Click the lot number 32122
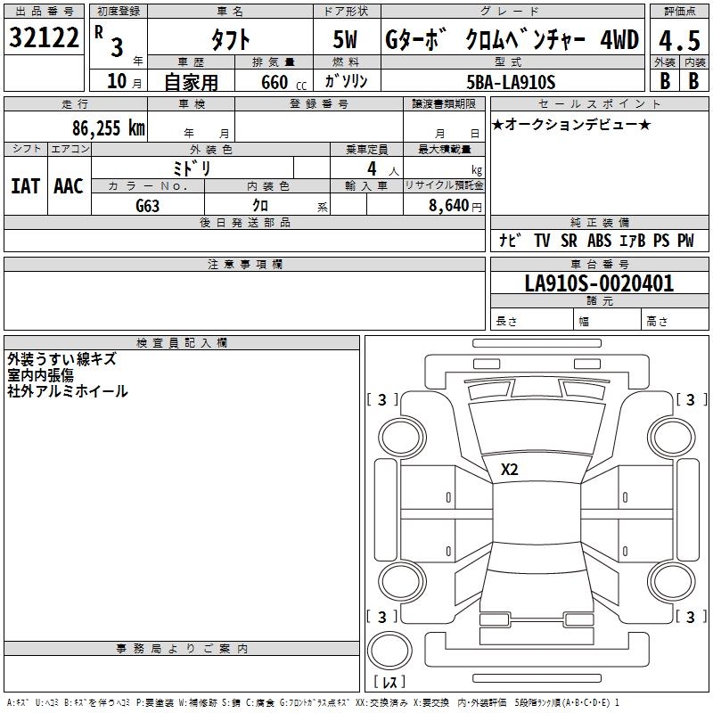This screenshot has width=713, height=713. point(44,37)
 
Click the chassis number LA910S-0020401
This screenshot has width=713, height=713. point(599,284)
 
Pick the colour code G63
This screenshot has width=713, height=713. point(148,206)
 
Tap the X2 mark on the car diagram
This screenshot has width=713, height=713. point(510,470)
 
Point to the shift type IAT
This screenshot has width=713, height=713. point(25,186)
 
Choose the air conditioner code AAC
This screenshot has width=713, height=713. point(68,186)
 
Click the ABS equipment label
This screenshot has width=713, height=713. point(600,241)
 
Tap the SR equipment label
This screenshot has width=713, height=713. point(570,241)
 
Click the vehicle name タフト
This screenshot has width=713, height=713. point(230,40)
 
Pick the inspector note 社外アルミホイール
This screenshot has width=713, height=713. point(68,391)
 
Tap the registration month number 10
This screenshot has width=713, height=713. point(116,81)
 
